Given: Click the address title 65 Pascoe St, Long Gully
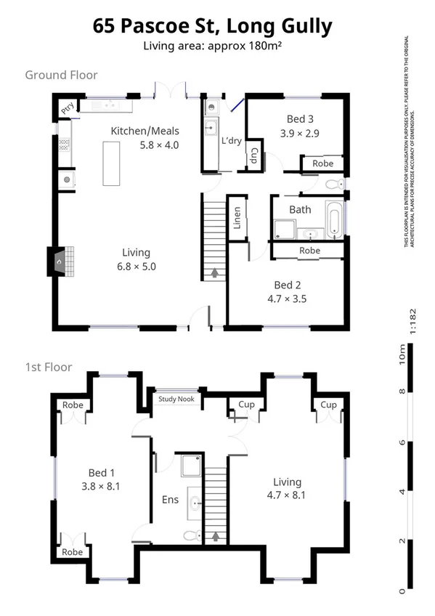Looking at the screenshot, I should (x=213, y=27).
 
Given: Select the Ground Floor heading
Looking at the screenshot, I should (x=61, y=75).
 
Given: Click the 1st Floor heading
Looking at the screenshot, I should (x=49, y=367).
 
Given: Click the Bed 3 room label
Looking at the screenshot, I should (x=300, y=119).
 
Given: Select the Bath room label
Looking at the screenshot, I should (x=300, y=209).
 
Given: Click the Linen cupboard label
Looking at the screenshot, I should (x=237, y=218).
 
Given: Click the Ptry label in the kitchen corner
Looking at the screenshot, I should (x=68, y=110).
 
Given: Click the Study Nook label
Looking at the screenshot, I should (x=176, y=399).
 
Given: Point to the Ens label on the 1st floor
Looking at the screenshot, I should (x=169, y=500).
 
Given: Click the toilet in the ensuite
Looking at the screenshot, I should (x=190, y=535).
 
